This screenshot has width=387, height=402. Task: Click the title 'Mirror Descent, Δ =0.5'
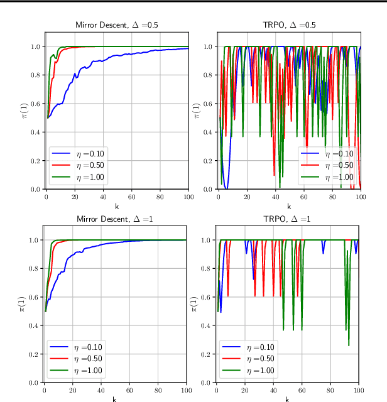click(x=116, y=25)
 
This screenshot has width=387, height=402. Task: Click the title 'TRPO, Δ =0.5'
click(x=289, y=25)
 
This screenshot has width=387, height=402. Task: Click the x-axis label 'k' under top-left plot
click(x=116, y=205)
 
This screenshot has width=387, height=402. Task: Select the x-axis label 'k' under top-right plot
click(x=289, y=205)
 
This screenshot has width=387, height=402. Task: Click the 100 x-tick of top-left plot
click(x=188, y=197)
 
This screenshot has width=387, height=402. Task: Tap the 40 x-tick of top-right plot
click(x=275, y=197)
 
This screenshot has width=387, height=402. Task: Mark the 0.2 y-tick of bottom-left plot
click(x=35, y=354)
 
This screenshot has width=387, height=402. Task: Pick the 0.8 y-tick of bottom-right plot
click(x=207, y=268)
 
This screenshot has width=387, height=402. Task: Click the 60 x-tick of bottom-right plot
click(x=302, y=389)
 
